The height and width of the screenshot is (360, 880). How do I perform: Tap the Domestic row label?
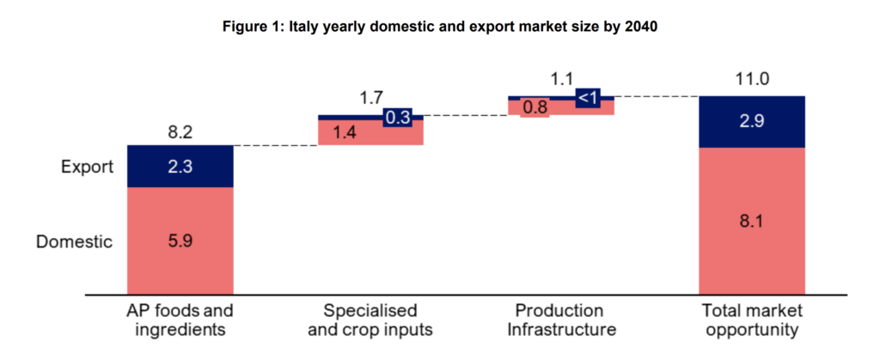[x=74, y=241]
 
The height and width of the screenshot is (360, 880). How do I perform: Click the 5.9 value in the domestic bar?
[x=180, y=241]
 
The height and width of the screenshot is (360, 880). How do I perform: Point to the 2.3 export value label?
[x=180, y=167]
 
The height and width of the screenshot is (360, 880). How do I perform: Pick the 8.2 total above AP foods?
[x=180, y=133]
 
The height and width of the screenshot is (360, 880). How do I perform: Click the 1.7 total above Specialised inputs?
[x=370, y=99]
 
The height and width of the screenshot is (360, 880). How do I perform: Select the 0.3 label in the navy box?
[x=397, y=119]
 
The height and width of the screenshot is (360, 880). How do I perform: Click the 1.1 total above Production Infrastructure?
[x=561, y=80]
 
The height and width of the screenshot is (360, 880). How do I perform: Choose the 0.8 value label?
[x=536, y=108]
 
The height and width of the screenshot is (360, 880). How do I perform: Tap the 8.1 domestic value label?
[x=752, y=221]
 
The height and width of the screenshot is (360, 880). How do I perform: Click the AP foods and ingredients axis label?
[x=180, y=320]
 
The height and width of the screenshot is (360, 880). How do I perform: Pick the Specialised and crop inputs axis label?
[x=370, y=320]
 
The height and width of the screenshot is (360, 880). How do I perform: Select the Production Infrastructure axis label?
[x=561, y=320]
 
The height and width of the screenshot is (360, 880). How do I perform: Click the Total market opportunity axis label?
[x=752, y=320]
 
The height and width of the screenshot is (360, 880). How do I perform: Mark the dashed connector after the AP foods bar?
[x=275, y=146]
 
